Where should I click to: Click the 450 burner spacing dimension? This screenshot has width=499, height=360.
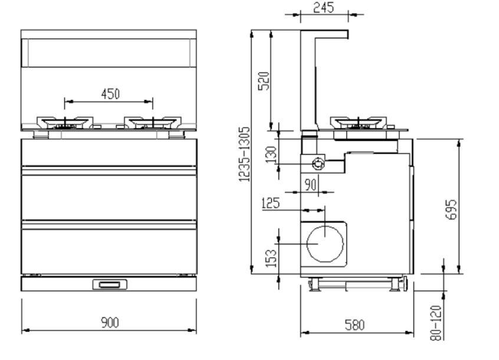point(110,94)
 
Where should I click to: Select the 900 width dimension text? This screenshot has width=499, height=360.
point(110,322)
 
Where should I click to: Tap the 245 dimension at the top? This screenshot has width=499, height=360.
point(324,8)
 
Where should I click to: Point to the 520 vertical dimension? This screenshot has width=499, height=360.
point(264,81)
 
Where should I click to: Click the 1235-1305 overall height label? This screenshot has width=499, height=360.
point(244,155)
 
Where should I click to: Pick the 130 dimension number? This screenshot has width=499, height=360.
point(271,155)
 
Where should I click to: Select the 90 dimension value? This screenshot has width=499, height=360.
point(311,185)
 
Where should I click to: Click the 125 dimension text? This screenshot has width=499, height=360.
point(271,203)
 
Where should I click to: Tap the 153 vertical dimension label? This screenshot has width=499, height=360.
point(271,258)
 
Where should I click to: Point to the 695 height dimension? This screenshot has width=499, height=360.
point(451,210)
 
